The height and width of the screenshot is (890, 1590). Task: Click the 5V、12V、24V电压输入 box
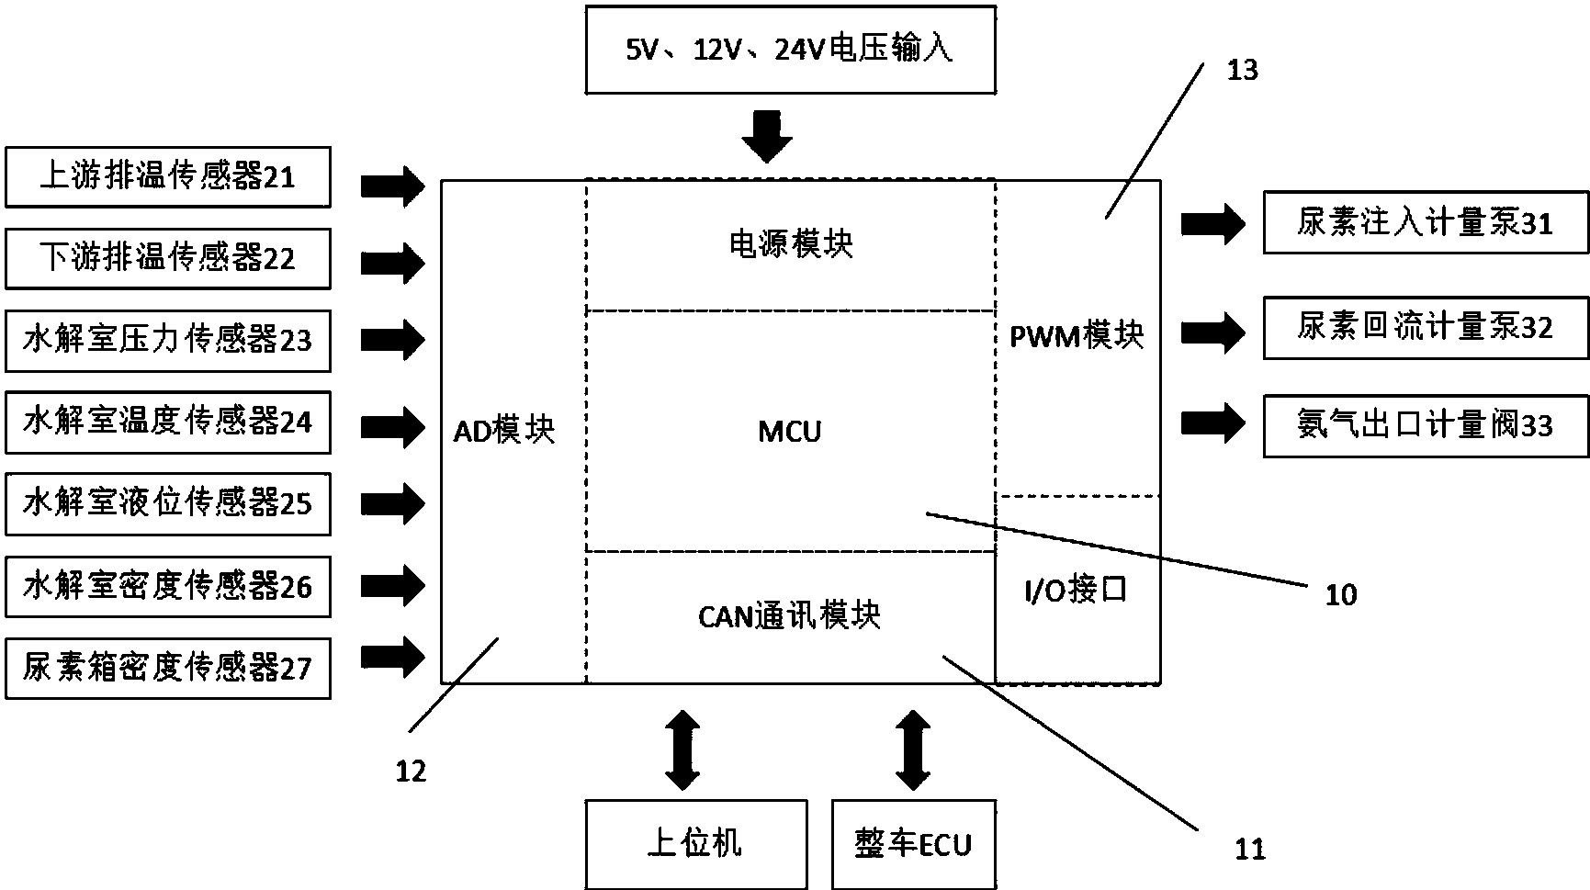coord(790,51)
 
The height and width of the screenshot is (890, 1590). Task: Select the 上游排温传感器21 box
coord(168,176)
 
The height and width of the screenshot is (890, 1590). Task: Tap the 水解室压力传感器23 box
coord(168,341)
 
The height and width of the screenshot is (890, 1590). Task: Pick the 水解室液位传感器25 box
coord(168,504)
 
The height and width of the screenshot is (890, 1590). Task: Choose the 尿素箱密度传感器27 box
coord(168,669)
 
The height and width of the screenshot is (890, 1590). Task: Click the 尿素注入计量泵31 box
coord(1425,223)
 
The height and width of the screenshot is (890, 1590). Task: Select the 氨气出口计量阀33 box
coord(1425,425)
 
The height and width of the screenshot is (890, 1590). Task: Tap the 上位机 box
coord(695,844)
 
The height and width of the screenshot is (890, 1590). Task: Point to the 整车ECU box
coord(913,844)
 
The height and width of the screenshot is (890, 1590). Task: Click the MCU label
coord(790,431)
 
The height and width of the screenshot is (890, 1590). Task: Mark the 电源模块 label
coord(790,244)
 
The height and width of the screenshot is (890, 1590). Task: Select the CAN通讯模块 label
coord(790,615)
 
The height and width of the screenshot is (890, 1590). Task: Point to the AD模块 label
coord(504,430)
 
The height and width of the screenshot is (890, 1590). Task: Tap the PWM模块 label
coord(1077,336)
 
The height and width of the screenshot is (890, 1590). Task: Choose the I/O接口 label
coord(1076,591)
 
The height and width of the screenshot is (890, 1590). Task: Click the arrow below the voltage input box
coord(767,137)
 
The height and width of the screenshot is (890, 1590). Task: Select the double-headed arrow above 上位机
coord(682,749)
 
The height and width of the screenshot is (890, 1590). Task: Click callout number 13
coord(1242,71)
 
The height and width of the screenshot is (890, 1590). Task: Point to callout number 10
coord(1340,595)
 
